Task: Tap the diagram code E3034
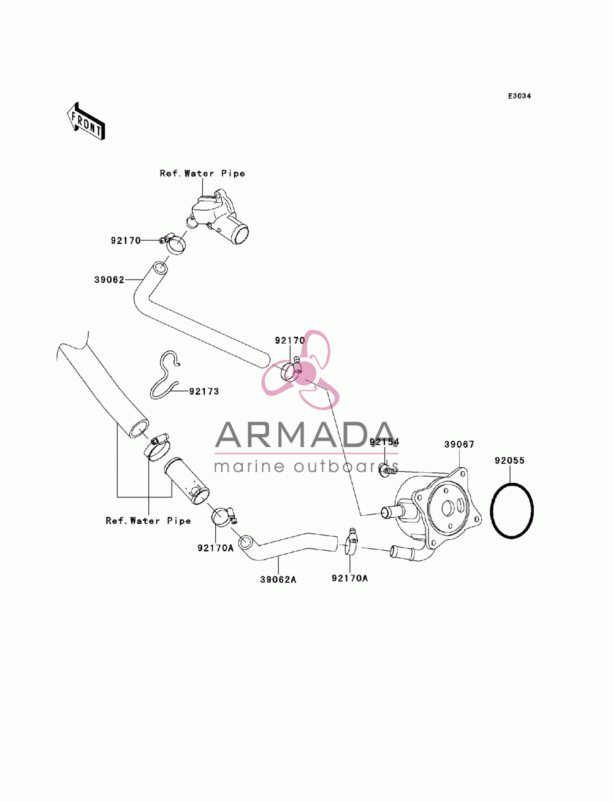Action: pos(519,96)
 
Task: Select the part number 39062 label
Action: pos(109,280)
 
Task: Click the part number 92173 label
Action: pos(204,392)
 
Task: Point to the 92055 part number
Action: pos(509,460)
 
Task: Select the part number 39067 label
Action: pos(459,444)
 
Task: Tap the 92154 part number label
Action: pos(384,442)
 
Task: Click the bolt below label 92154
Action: pos(388,471)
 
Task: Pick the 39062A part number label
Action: pos(278,580)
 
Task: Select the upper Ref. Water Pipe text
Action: pos(202,173)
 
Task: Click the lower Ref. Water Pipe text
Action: pos(148,520)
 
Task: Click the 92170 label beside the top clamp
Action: pos(126,240)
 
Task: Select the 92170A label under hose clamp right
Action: pos(350,578)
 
